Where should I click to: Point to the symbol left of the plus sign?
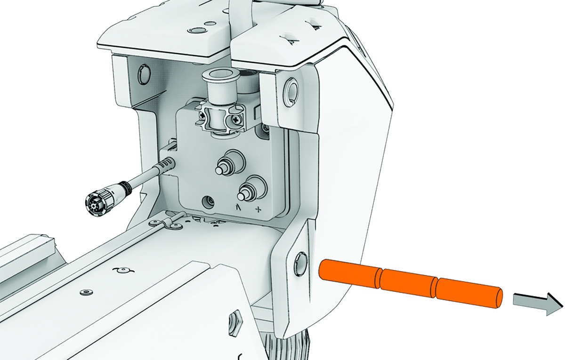point(239,208)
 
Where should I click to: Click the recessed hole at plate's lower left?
point(207,203)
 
